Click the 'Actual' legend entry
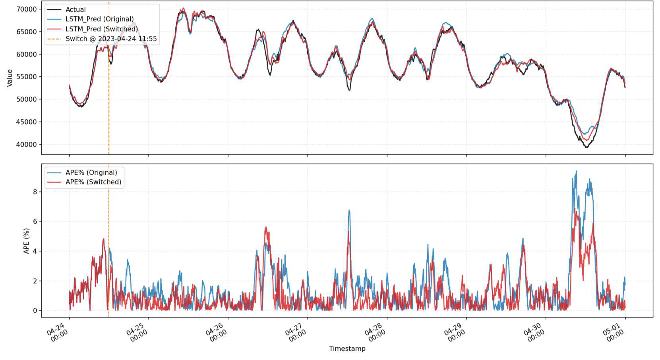coord(75,10)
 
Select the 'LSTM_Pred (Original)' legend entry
coord(99,19)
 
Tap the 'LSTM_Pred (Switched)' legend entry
coord(102,29)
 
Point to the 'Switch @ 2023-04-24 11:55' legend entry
coord(111,39)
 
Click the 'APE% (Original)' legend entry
coord(91,172)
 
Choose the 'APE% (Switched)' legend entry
coord(93,182)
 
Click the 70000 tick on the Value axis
coord(26,9)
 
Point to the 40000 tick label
coord(26,145)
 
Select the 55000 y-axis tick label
coord(26,77)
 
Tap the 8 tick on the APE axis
coord(35,192)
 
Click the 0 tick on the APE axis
coord(35,311)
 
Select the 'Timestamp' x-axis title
coord(347,348)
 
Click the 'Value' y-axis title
coord(10,77)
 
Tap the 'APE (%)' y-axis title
coord(27,241)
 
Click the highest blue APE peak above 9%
coord(576,171)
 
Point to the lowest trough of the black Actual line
coord(586,147)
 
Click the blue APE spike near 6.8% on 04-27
coord(349,210)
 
